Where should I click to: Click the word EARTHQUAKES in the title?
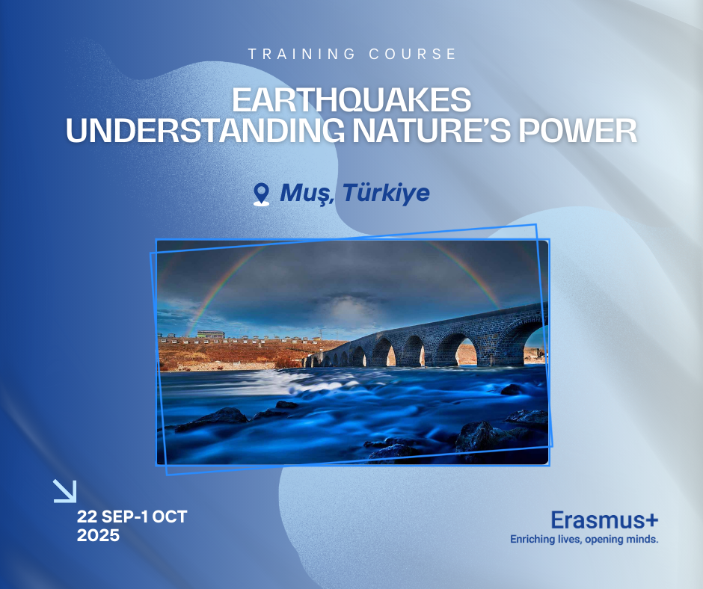pyautogui.click(x=351, y=99)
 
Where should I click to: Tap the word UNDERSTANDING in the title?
pyautogui.click(x=206, y=131)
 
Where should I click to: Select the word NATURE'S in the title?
pyautogui.click(x=432, y=131)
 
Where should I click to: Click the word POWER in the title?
pyautogui.click(x=577, y=131)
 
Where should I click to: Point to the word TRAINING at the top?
pyautogui.click(x=301, y=55)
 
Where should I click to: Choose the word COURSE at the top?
pyautogui.click(x=413, y=55)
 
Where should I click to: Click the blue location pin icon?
pyautogui.click(x=262, y=194)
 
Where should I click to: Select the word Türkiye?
pyautogui.click(x=386, y=193)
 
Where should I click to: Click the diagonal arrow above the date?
pyautogui.click(x=65, y=491)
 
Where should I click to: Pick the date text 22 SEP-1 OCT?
pyautogui.click(x=132, y=516)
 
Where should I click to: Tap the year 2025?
pyautogui.click(x=98, y=535)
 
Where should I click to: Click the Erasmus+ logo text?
pyautogui.click(x=604, y=520)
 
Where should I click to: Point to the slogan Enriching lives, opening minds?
pyautogui.click(x=584, y=539)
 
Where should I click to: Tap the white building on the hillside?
pyautogui.click(x=210, y=334)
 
